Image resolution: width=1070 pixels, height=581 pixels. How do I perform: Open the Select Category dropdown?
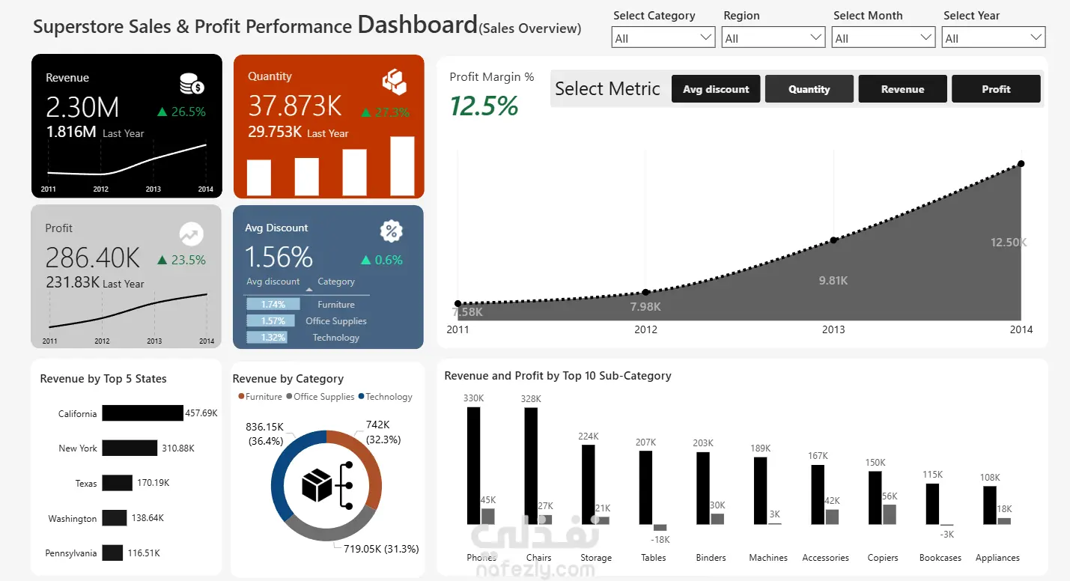click(663, 37)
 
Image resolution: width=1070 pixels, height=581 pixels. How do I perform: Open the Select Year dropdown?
click(994, 37)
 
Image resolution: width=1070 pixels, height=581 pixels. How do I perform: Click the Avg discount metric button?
click(716, 89)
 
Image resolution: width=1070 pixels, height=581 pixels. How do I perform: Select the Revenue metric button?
click(902, 89)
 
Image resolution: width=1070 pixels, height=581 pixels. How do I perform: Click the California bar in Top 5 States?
click(142, 413)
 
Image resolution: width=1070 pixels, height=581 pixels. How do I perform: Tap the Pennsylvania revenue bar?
click(112, 553)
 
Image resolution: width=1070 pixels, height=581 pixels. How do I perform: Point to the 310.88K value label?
click(178, 448)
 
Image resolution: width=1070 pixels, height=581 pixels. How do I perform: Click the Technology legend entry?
click(385, 397)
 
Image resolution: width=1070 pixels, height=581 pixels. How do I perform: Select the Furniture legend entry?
click(261, 397)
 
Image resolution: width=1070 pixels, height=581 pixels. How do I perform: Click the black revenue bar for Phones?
click(473, 466)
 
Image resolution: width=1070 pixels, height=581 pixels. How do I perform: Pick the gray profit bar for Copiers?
click(889, 514)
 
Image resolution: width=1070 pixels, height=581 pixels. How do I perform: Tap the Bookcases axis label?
click(940, 558)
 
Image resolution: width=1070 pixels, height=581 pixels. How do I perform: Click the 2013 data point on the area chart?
click(833, 240)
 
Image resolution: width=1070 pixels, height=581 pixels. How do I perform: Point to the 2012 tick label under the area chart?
click(645, 329)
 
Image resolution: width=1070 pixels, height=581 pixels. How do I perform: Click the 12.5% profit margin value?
click(484, 106)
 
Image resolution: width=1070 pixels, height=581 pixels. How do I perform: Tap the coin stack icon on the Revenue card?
click(192, 84)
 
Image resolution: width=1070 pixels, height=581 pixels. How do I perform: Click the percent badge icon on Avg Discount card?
click(391, 231)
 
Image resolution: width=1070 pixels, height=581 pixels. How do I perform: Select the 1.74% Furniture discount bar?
click(273, 304)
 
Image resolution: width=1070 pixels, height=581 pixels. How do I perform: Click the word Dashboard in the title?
click(418, 25)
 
